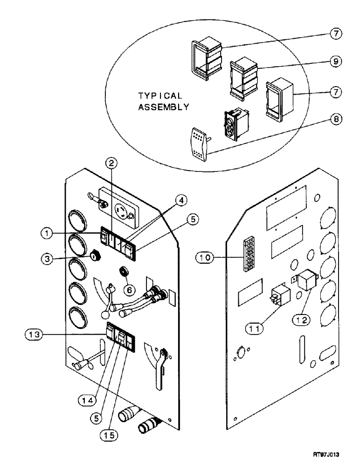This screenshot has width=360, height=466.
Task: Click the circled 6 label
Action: click(130, 289)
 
